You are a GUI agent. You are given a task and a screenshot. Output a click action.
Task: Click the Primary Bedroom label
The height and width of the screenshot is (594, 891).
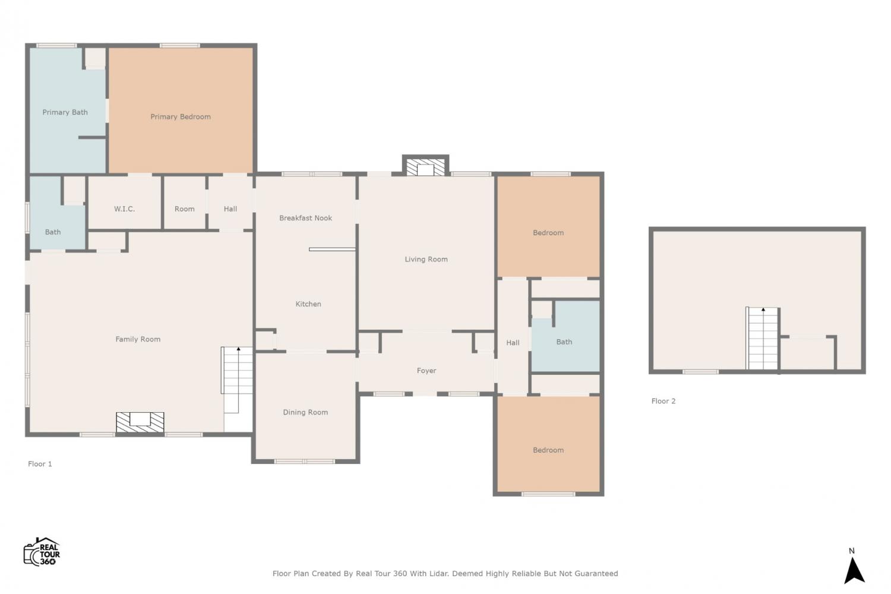point(181,116)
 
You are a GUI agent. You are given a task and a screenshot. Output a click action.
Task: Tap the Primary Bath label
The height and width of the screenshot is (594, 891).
point(65,112)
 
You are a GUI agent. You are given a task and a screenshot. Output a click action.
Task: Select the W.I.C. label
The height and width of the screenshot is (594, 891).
point(125,209)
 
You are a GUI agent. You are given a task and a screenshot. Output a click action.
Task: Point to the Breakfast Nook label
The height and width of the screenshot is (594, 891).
point(305,218)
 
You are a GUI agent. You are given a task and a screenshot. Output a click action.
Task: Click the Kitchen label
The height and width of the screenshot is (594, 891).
point(308,304)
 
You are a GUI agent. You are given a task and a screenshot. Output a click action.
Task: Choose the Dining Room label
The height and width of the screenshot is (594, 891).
point(305,412)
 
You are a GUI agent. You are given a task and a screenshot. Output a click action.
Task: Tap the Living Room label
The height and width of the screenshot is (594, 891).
point(426,260)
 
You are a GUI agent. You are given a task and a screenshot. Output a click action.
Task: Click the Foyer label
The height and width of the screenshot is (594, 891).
point(426,371)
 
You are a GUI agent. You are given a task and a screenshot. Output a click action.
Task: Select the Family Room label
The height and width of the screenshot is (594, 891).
point(138,339)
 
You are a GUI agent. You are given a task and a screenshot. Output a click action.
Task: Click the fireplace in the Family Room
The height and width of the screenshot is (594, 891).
point(140,422)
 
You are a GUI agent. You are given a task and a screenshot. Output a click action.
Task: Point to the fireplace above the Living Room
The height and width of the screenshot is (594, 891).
point(426,167)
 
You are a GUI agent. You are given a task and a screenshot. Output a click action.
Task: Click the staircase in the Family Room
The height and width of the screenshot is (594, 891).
point(237,380)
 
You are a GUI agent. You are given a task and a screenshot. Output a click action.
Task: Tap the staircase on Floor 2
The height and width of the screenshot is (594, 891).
point(763,338)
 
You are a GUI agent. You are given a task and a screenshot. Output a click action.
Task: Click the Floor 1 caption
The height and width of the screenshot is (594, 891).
point(40,464)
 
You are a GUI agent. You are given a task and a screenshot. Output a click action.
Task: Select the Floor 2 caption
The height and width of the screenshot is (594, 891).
point(663,401)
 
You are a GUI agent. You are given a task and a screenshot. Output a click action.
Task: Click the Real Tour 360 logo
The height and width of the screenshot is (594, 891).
point(42,551)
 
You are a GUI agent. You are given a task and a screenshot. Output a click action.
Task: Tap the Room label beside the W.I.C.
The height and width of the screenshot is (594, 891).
point(185,209)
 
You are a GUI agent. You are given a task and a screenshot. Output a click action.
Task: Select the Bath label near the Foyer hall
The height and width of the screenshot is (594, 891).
point(564,342)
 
